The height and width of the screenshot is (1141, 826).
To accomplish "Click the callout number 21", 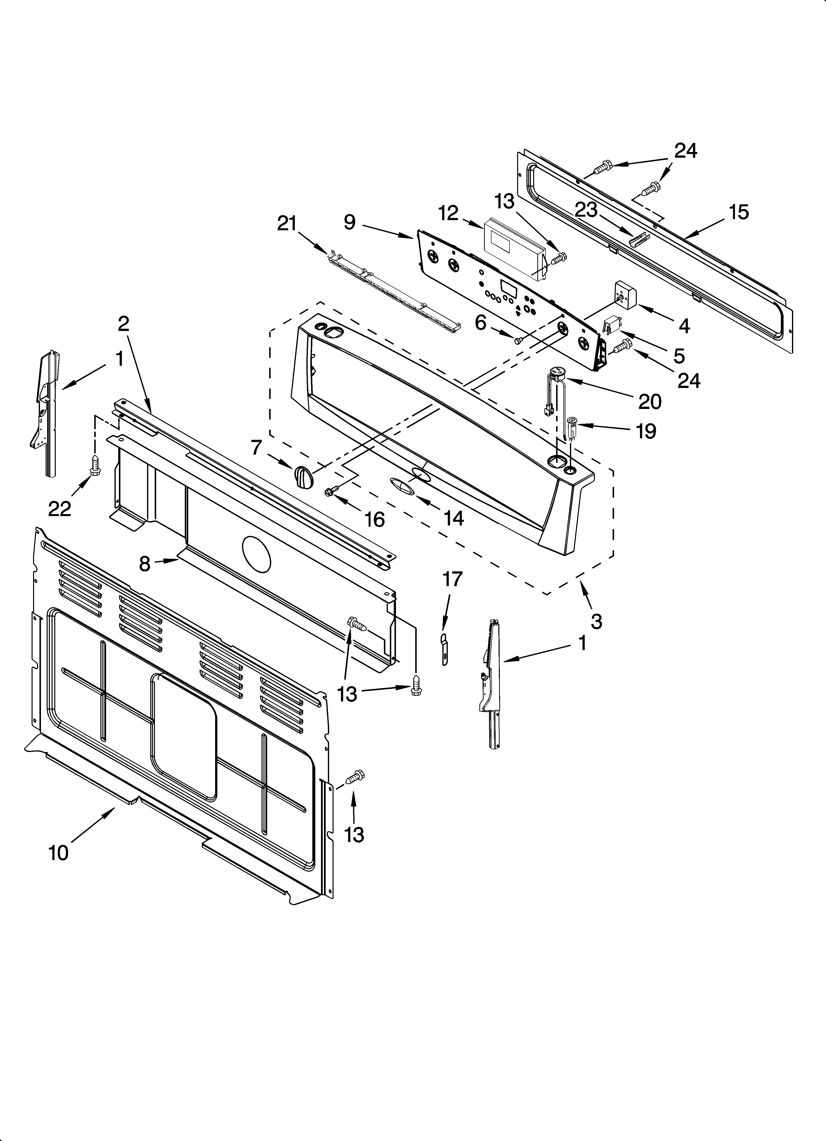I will click(x=287, y=223).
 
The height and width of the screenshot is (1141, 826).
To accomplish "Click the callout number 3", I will click(x=596, y=622).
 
